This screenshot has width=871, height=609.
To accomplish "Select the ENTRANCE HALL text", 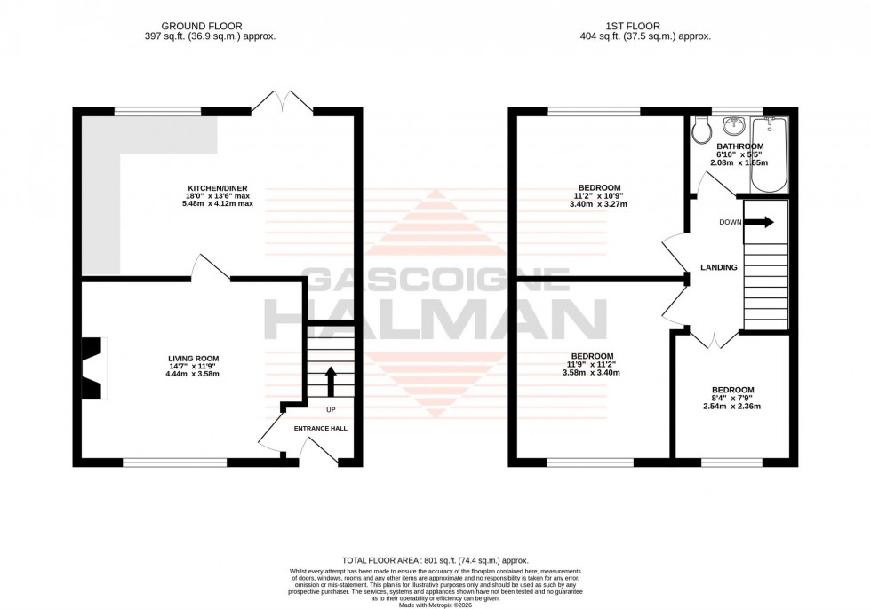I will (321, 428).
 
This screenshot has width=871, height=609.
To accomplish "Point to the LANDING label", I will (719, 267).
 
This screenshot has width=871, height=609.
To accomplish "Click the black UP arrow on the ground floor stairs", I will (331, 382).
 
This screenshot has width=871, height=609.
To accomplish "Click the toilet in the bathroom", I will (700, 132).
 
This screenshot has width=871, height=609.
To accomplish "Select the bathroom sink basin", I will (735, 124).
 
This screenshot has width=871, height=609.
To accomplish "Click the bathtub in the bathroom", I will (769, 155).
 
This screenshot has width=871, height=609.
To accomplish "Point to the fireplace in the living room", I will (93, 367).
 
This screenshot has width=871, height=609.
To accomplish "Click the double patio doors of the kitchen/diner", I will (283, 102).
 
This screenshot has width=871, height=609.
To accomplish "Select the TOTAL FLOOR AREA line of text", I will (435, 560).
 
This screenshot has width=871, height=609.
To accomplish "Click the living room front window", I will (175, 462).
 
